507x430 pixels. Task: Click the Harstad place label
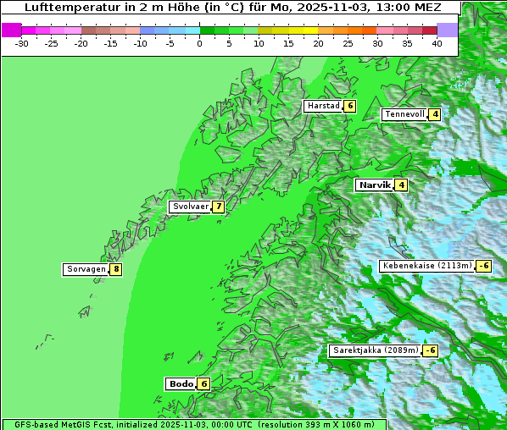(323, 106)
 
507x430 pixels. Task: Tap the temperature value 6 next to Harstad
(348, 106)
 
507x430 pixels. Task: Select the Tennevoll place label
(404, 114)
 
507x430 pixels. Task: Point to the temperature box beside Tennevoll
(435, 114)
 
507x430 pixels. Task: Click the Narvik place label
(374, 185)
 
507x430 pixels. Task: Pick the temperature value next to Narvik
(401, 185)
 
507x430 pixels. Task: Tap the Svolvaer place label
(189, 207)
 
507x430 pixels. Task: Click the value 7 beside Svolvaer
(218, 207)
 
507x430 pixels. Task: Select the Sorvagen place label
(85, 269)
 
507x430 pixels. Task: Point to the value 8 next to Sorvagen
(115, 269)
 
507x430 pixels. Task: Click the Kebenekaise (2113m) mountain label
(426, 266)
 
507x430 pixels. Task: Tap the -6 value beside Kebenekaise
(483, 266)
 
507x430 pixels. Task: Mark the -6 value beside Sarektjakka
(430, 350)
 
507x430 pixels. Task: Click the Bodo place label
(181, 383)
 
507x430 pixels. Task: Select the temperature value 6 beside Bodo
(203, 383)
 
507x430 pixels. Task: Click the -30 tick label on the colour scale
(22, 42)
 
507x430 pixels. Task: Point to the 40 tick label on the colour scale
(437, 42)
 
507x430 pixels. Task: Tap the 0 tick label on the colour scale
(200, 42)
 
